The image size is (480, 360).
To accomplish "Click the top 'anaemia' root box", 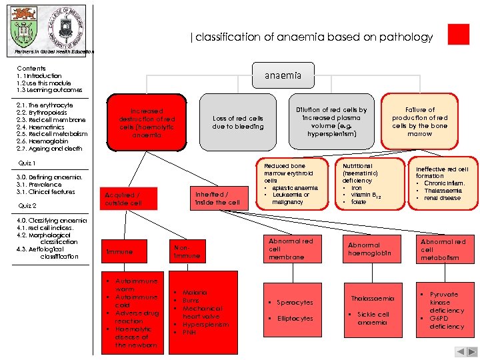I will [x=283, y=77].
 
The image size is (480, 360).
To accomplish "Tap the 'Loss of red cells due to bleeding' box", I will [x=238, y=123].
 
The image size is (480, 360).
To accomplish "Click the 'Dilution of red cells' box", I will [x=331, y=122].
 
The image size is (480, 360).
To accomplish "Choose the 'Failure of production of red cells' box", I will [x=420, y=121].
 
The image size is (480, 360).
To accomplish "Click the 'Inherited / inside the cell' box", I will [x=217, y=199].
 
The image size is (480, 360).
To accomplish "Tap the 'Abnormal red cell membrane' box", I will [x=293, y=249].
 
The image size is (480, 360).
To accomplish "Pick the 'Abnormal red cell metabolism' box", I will [x=443, y=249].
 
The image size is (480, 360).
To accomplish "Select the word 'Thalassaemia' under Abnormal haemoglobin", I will [x=373, y=298].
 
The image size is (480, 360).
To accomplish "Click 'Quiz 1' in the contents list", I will [x=27, y=163].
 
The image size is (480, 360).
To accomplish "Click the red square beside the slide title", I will [x=459, y=35].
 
